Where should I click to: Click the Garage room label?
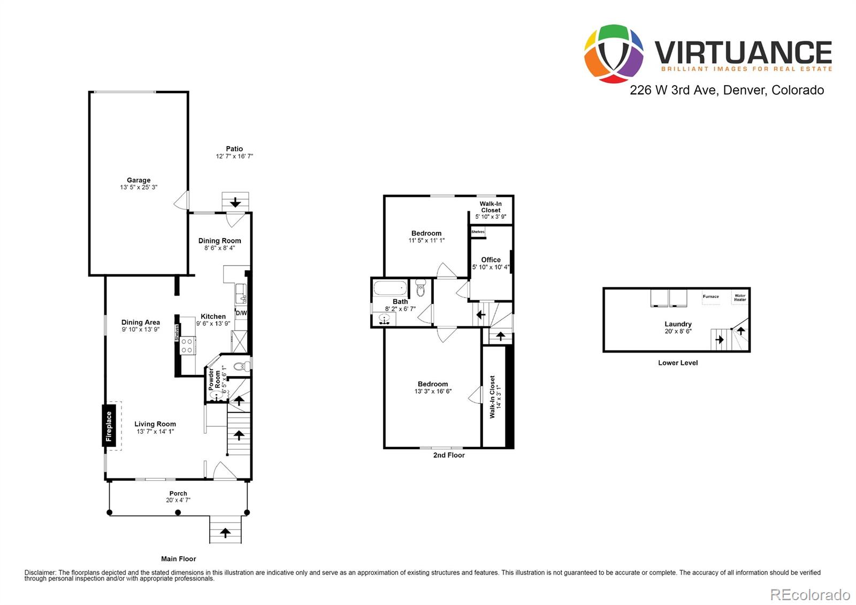tap(139, 180)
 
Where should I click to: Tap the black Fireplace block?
tap(109, 426)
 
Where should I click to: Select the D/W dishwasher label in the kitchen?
tap(241, 313)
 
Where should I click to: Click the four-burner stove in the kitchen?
tap(187, 346)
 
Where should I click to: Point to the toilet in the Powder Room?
tap(242, 367)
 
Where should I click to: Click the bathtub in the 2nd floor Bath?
tap(390, 289)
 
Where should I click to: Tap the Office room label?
tap(491, 260)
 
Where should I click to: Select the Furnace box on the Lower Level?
tap(711, 297)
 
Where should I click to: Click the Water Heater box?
tap(740, 297)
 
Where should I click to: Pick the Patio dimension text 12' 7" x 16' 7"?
tap(234, 156)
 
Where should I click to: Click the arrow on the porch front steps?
tap(225, 532)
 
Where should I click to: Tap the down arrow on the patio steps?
tap(235, 203)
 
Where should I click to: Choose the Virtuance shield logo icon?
tap(613, 53)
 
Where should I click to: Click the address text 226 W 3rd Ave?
tap(672, 90)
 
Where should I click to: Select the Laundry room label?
tap(678, 324)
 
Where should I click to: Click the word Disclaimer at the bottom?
tap(40, 572)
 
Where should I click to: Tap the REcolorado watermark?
tap(809, 594)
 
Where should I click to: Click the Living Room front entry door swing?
tap(223, 471)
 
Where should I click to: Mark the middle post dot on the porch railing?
tap(178, 512)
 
